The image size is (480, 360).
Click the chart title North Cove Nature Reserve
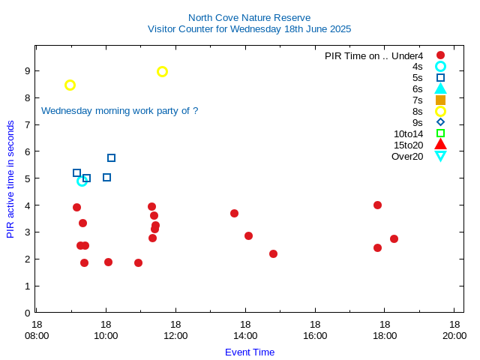(x=249, y=17)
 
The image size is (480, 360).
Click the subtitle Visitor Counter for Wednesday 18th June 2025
(x=249, y=28)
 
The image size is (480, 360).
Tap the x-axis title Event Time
(x=250, y=352)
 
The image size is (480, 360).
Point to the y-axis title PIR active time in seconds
(x=10, y=179)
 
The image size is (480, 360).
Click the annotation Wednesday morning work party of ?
(x=119, y=110)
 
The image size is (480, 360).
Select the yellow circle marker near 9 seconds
(x=162, y=71)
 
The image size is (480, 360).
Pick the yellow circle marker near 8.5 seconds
(x=70, y=85)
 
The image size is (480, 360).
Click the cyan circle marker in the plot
(x=82, y=181)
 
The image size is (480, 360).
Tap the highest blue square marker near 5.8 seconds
(x=111, y=157)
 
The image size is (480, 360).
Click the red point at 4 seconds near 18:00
(x=377, y=205)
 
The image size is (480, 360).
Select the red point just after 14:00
(x=248, y=235)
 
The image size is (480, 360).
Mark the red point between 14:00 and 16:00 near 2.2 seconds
(x=273, y=253)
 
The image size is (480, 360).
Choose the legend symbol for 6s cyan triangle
(x=440, y=88)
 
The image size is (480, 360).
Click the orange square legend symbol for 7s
(x=440, y=100)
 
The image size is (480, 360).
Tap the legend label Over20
(x=407, y=156)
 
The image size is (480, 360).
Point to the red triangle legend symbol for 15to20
(x=440, y=145)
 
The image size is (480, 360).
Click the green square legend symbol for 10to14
(x=440, y=133)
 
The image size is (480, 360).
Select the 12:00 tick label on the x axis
(x=175, y=330)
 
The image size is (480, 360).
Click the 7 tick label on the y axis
(x=27, y=124)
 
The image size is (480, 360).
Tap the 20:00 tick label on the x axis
(x=454, y=330)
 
